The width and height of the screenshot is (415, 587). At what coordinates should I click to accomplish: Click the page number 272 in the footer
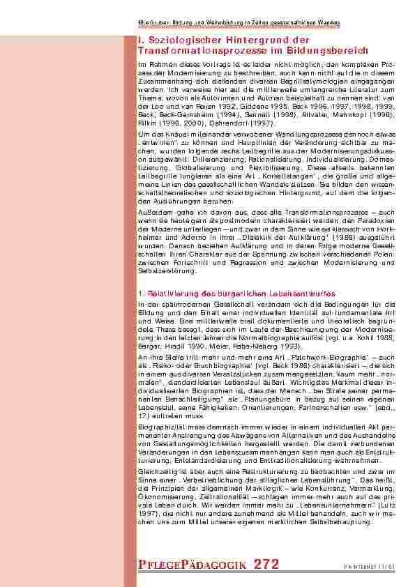tap(266, 563)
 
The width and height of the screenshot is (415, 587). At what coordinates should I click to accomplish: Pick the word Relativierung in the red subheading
tap(169, 293)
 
